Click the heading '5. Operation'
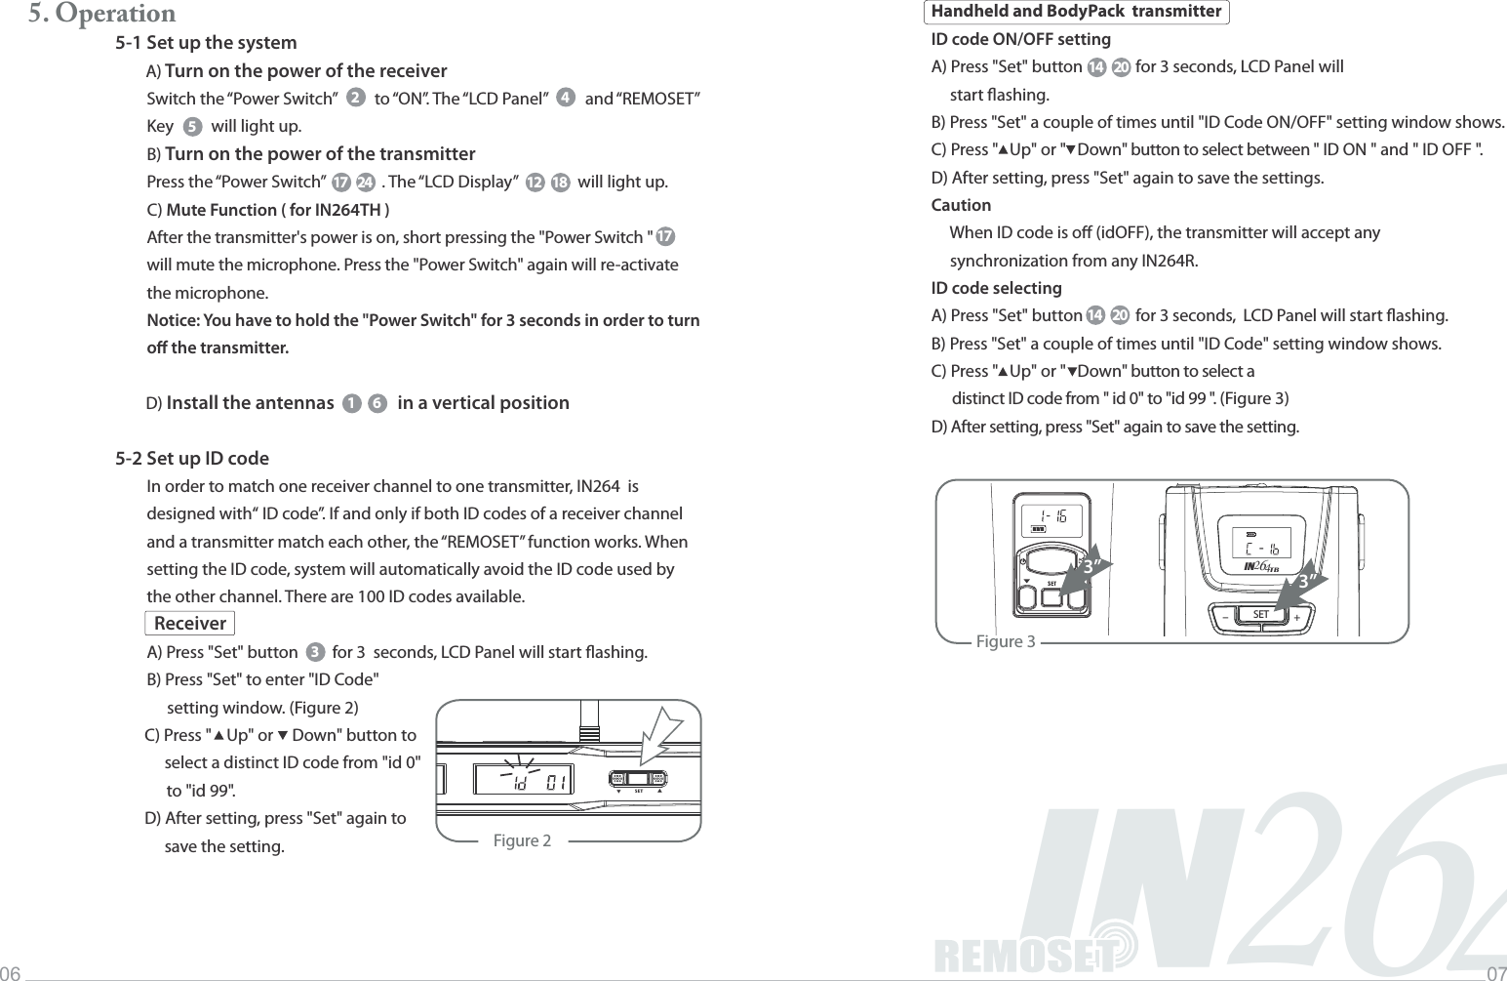(x=101, y=14)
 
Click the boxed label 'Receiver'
(x=189, y=624)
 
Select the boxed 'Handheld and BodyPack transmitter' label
(x=1076, y=12)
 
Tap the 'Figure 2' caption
(x=522, y=840)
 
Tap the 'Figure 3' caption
(x=1006, y=641)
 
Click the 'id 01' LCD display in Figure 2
(x=524, y=780)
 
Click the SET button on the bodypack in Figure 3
(x=1261, y=615)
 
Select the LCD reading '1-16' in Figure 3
(x=1051, y=513)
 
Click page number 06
(x=11, y=973)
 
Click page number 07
(x=1495, y=973)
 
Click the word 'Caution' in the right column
(x=961, y=205)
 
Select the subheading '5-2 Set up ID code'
(x=192, y=459)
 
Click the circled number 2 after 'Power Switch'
(x=355, y=99)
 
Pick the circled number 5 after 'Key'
(x=192, y=126)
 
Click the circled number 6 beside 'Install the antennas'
(x=377, y=404)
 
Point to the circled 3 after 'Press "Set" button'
(x=315, y=652)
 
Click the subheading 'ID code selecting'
(x=996, y=288)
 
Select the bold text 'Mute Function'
(x=221, y=210)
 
